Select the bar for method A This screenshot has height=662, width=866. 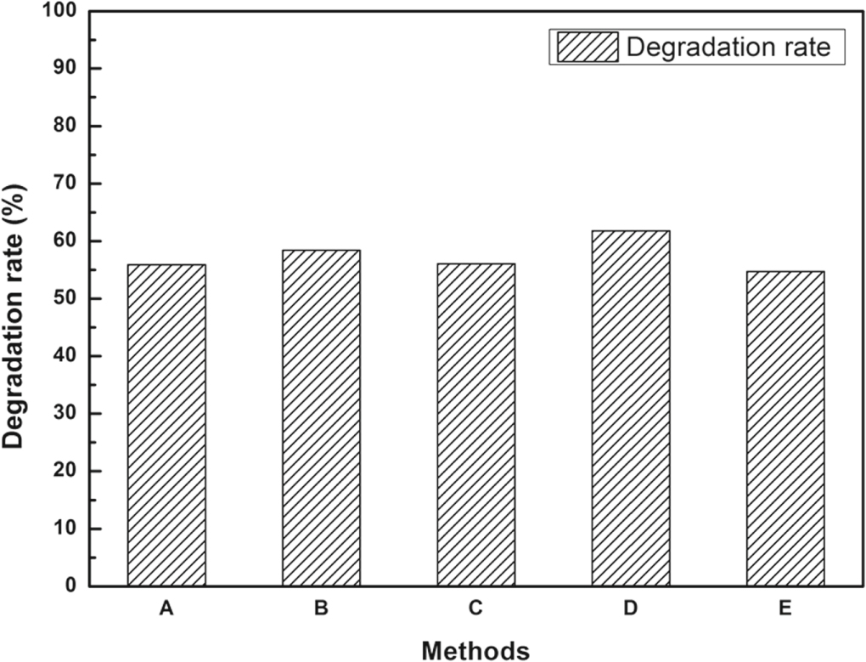pos(166,425)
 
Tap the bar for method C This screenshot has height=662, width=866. pos(475,425)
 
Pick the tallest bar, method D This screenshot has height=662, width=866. pos(631,408)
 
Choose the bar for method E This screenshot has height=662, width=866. pos(785,428)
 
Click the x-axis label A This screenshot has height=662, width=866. pos(166,608)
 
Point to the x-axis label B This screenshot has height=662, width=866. pos(321,608)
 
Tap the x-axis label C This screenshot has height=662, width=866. pos(475,608)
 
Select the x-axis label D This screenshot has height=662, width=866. pos(631,608)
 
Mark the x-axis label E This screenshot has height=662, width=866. pos(785,608)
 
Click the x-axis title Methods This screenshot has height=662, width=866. pos(475,650)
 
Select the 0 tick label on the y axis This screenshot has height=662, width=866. pos(71,586)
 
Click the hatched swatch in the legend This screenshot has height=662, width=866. pos(587,47)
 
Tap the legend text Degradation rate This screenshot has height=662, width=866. pos(728,47)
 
